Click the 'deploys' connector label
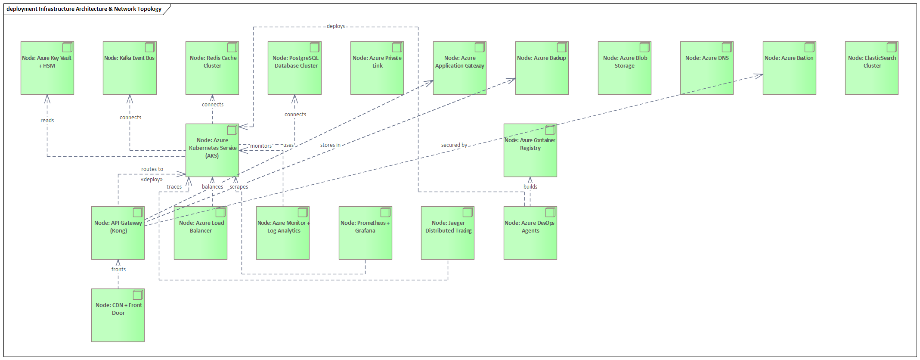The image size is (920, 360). pyautogui.click(x=335, y=26)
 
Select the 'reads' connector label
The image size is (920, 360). pyautogui.click(x=47, y=121)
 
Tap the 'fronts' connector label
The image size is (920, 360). pyautogui.click(x=118, y=270)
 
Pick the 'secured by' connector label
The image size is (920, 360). pyautogui.click(x=454, y=145)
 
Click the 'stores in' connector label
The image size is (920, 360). pyautogui.click(x=330, y=145)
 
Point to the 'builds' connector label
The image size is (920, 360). pyautogui.click(x=530, y=187)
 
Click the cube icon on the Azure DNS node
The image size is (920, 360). pyautogui.click(x=727, y=47)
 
